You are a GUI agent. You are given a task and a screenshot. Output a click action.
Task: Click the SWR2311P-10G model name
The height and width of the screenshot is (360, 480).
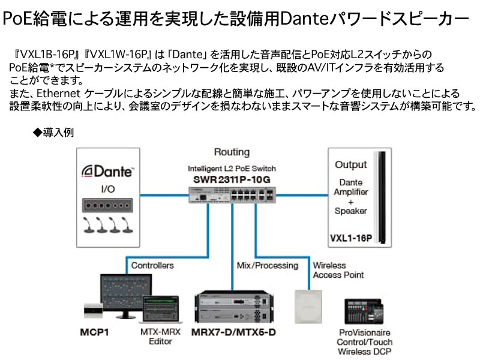click(x=232, y=179)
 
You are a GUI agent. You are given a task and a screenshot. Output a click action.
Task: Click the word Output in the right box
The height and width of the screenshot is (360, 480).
click(x=351, y=164)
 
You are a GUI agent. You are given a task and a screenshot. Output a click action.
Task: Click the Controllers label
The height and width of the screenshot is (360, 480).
click(x=152, y=265)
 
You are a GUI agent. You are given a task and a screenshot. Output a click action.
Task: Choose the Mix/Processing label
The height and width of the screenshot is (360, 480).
click(x=267, y=265)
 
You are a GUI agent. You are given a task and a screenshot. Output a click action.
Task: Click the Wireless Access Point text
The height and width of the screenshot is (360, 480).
click(x=338, y=270)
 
